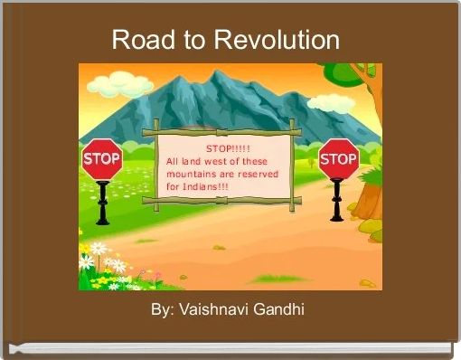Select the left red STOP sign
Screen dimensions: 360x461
(102, 159)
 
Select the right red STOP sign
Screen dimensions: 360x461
(338, 160)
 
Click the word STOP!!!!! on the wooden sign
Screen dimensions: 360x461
(229, 148)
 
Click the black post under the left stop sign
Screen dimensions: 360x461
(102, 204)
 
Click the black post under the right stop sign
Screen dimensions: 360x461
(337, 201)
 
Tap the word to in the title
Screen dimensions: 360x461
(185, 40)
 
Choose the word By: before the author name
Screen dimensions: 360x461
(163, 310)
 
